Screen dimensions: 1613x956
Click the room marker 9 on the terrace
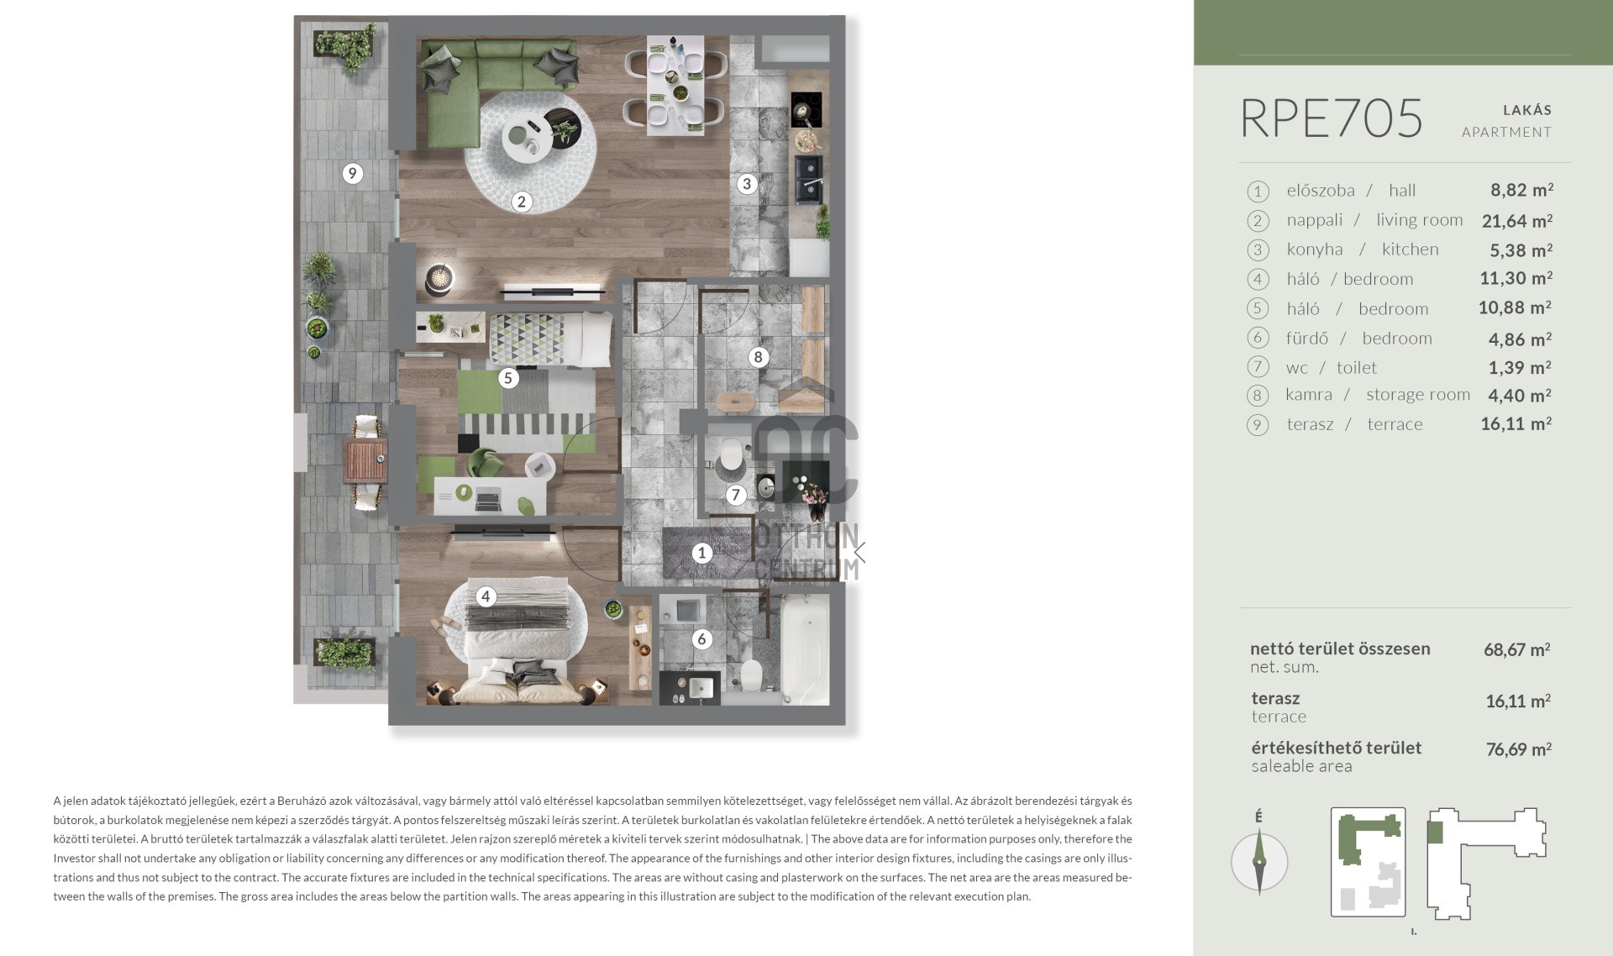(x=352, y=173)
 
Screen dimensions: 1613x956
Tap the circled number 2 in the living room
(x=522, y=202)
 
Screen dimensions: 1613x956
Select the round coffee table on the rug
(x=528, y=138)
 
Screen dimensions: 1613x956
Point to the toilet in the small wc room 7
(x=732, y=454)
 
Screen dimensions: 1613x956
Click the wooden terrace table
(x=365, y=461)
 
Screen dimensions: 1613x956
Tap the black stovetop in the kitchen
(x=806, y=109)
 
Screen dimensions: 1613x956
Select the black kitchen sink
(x=809, y=179)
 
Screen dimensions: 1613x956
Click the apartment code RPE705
(x=1332, y=118)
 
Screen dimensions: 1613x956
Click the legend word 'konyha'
(x=1315, y=250)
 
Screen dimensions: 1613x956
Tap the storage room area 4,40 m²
(x=1520, y=395)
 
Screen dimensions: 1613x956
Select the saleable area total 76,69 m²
(x=1518, y=749)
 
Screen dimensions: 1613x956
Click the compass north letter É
(x=1258, y=817)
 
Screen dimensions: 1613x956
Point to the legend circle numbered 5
(x=1258, y=308)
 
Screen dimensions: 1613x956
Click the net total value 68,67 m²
(x=1517, y=649)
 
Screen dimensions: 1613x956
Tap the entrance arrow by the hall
(x=859, y=552)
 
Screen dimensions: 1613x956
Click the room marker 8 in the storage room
(x=758, y=357)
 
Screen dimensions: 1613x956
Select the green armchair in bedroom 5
(x=483, y=460)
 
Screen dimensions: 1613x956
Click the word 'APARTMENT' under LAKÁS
(x=1506, y=132)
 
